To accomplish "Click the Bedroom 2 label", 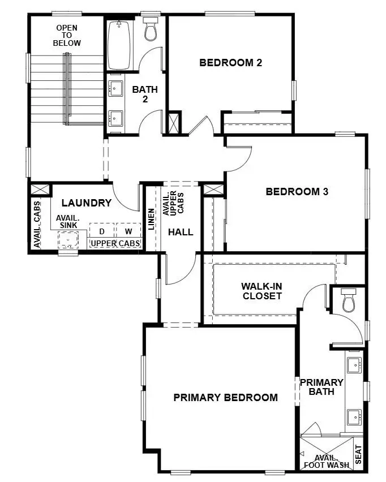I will coord(230,63).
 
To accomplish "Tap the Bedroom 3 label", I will coord(297,192).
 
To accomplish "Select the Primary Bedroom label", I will coord(225,398).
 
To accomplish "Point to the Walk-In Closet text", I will coord(261,291).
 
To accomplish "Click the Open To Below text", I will coord(67,35).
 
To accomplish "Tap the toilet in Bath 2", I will coord(150,31).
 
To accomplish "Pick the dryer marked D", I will coord(102,231).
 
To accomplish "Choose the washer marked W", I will coord(128,231).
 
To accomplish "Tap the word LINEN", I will coord(151,219).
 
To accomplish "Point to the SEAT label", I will coord(358,454).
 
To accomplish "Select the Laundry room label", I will coord(86,203).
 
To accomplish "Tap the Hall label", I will coord(181,232).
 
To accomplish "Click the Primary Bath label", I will coord(321,387).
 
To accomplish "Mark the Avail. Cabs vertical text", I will coord(37,225).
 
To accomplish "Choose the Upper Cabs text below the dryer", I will coord(115,243).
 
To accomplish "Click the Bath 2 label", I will coord(145,94).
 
